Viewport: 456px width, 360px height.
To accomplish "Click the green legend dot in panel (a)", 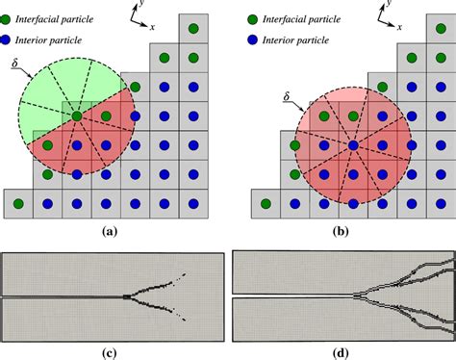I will pos(9,18).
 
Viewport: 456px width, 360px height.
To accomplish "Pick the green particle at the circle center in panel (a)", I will pos(76,116).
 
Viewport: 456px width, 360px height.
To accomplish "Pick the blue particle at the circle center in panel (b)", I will pos(353,145).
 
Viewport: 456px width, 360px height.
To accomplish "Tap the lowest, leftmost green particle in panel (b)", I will pos(266,203).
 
